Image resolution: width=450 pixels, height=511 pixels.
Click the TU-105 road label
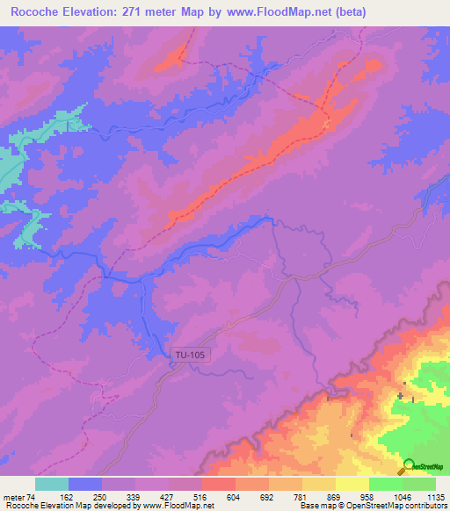(190, 355)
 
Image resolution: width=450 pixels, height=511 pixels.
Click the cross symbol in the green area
(401, 396)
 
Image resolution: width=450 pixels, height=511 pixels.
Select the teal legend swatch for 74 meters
(52, 484)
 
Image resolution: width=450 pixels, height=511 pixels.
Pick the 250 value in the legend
(110, 497)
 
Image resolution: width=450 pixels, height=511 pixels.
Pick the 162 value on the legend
(76, 497)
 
